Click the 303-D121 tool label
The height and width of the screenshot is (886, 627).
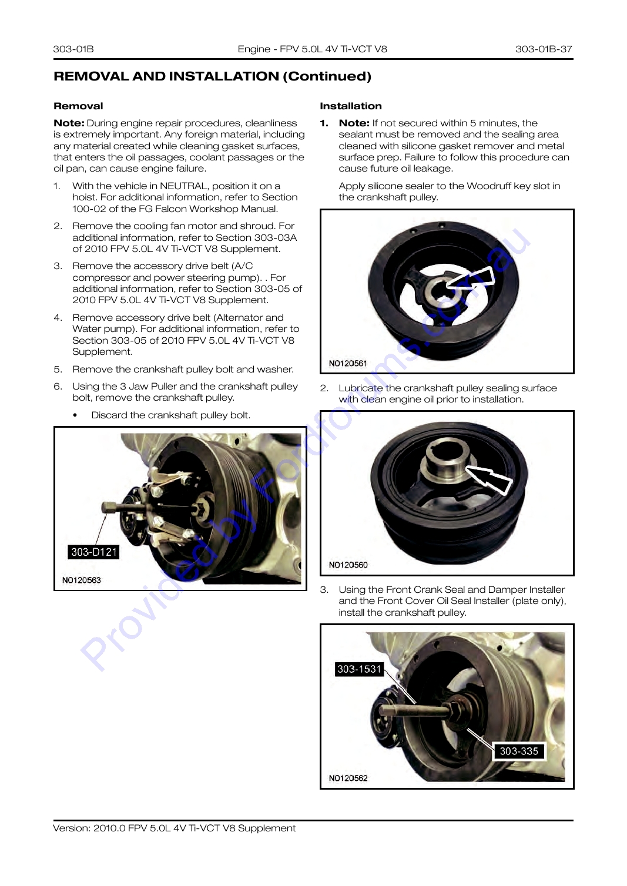pyautogui.click(x=93, y=552)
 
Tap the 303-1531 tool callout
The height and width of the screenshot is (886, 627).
pyautogui.click(x=359, y=669)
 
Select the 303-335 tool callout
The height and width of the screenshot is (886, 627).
pyautogui.click(x=519, y=751)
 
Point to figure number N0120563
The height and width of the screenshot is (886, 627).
pyautogui.click(x=82, y=580)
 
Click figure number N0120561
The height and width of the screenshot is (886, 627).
pyautogui.click(x=348, y=363)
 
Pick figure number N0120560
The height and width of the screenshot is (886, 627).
pyautogui.click(x=348, y=565)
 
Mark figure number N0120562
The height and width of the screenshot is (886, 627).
pyautogui.click(x=348, y=778)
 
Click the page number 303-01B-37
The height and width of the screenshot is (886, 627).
pyautogui.click(x=544, y=49)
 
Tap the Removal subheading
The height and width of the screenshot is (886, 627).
pyautogui.click(x=78, y=106)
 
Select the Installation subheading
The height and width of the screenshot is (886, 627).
pyautogui.click(x=351, y=106)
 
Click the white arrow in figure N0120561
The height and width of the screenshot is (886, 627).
pyautogui.click(x=471, y=278)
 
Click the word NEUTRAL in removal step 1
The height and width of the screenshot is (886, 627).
pyautogui.click(x=183, y=186)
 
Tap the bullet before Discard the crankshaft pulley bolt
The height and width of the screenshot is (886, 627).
pyautogui.click(x=75, y=415)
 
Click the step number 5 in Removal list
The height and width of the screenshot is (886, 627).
pyautogui.click(x=58, y=370)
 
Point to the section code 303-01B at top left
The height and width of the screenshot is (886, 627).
pyautogui.click(x=73, y=49)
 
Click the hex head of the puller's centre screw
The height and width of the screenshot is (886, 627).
pyautogui.click(x=108, y=508)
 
